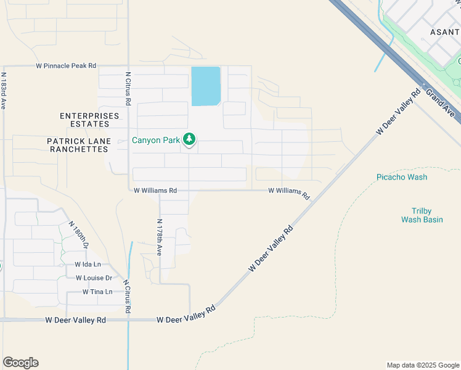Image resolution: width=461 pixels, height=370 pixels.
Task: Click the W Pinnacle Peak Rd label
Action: (x=66, y=65)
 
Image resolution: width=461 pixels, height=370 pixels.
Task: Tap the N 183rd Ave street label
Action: (x=3, y=91)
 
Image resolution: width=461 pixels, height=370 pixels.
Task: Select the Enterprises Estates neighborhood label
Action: (x=89, y=120)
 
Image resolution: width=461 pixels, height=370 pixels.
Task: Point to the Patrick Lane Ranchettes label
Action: (x=79, y=146)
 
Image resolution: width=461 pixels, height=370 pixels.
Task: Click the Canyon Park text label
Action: (x=156, y=140)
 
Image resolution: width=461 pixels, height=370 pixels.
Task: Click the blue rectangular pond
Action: (x=206, y=86)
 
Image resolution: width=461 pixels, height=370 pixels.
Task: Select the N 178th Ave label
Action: (x=159, y=237)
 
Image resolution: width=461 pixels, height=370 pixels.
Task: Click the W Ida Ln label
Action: (x=88, y=264)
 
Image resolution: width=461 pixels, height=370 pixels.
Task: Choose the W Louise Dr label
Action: (x=94, y=277)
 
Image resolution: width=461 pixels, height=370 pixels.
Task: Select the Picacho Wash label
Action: (x=402, y=177)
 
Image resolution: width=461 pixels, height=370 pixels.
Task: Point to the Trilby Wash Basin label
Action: (x=422, y=215)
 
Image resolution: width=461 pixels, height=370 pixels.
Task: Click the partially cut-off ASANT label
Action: (x=444, y=31)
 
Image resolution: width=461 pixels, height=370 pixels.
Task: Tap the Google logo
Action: (x=20, y=363)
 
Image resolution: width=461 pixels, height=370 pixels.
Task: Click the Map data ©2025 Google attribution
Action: (x=422, y=365)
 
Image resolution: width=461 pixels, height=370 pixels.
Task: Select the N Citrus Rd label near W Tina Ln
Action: (x=126, y=297)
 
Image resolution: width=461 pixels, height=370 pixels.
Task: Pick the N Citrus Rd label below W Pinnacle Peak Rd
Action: (x=128, y=88)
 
